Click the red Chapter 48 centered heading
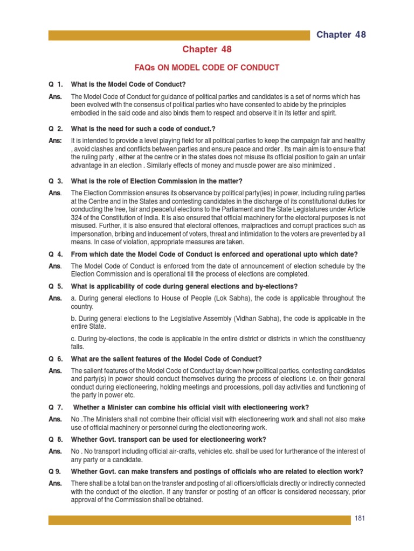207,50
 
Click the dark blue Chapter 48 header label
341,34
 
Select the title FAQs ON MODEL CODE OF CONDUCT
207,68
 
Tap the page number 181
360,519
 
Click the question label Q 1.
56,84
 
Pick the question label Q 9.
56,471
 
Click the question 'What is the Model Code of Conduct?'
128,84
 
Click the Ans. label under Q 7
56,419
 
